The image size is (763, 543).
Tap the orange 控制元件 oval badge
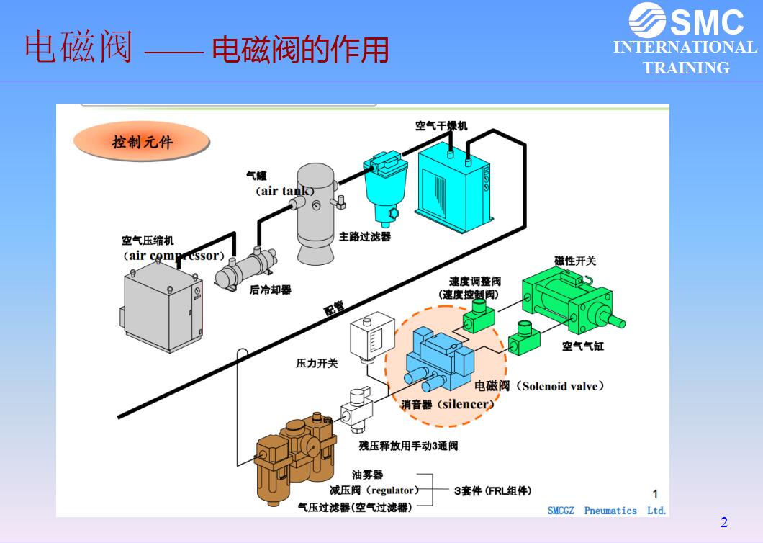142,143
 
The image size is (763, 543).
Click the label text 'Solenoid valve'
559,387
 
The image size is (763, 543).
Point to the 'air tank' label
286,191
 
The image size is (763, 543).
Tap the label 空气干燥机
441,126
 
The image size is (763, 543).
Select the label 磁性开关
574,261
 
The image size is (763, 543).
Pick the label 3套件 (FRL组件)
493,491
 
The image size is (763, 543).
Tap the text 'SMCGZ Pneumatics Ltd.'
607,511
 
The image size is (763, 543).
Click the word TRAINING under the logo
685,68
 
